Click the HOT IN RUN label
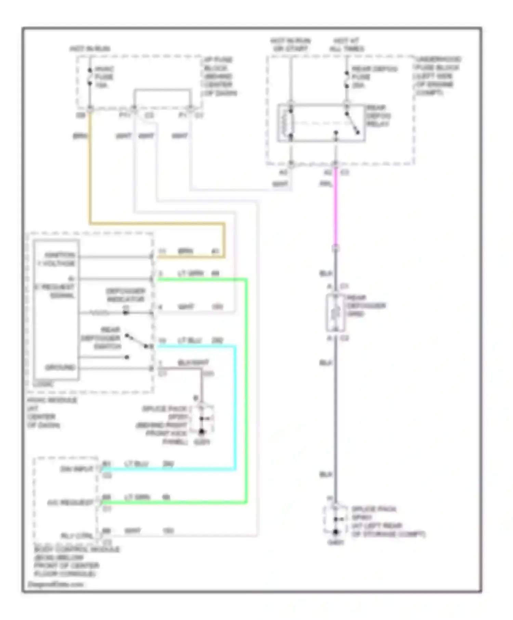pos(90,49)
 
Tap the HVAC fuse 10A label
pos(104,77)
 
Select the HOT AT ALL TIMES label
pos(346,45)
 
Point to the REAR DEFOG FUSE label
pos(373,77)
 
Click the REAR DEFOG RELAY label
pos(378,116)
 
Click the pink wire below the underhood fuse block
pos(336,208)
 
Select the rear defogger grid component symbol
pos(336,312)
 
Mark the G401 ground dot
pos(336,532)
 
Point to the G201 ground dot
pos(201,432)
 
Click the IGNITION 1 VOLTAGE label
pos(58,259)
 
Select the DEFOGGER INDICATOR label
pos(126,295)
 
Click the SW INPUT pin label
pos(77,469)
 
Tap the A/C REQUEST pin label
pos(70,503)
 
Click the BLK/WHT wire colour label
pos(193,363)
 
